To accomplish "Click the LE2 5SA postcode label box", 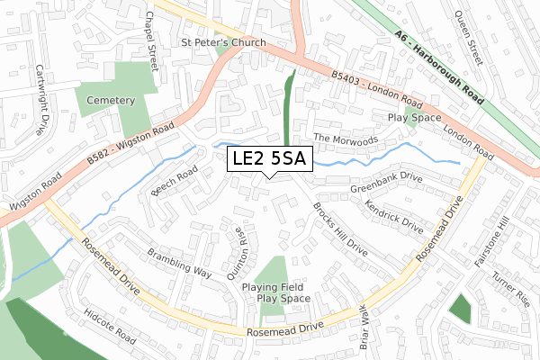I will click(269, 159).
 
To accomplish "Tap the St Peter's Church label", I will click(223, 42).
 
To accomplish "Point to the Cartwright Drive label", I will click(40, 96).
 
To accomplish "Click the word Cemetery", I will click(112, 100).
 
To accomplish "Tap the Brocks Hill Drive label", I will click(340, 229).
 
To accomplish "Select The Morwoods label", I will click(346, 139).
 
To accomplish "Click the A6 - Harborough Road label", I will click(438, 66).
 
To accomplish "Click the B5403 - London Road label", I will click(376, 91).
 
